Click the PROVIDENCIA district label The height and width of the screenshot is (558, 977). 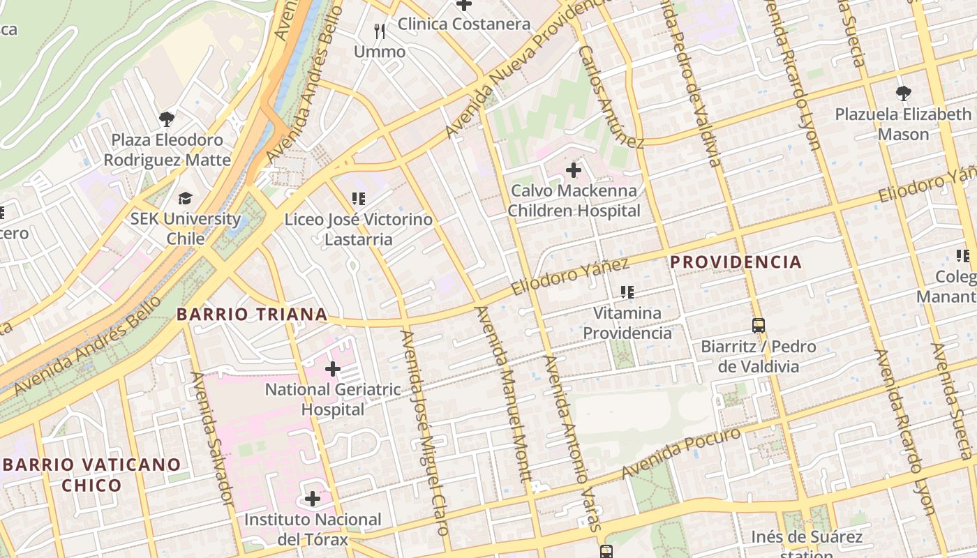(x=736, y=262)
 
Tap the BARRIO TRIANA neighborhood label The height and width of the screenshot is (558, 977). (x=252, y=315)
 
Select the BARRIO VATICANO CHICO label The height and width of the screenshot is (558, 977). (x=91, y=474)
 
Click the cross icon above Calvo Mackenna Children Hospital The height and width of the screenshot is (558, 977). (x=573, y=169)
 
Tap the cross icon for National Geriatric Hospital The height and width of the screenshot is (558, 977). (x=333, y=368)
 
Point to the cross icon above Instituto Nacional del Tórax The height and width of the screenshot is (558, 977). (x=312, y=499)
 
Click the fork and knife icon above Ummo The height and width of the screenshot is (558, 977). (x=380, y=31)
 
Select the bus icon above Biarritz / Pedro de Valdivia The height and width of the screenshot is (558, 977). (x=758, y=325)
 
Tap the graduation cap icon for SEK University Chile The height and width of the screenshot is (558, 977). (x=185, y=199)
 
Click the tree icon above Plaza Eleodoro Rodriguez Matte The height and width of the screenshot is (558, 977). (x=166, y=119)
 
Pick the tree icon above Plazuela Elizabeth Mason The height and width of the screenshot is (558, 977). (x=903, y=93)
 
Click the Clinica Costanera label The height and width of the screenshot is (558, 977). (x=464, y=24)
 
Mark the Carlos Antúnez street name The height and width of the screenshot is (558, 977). (x=611, y=98)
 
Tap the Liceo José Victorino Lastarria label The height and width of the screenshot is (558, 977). (x=358, y=229)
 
